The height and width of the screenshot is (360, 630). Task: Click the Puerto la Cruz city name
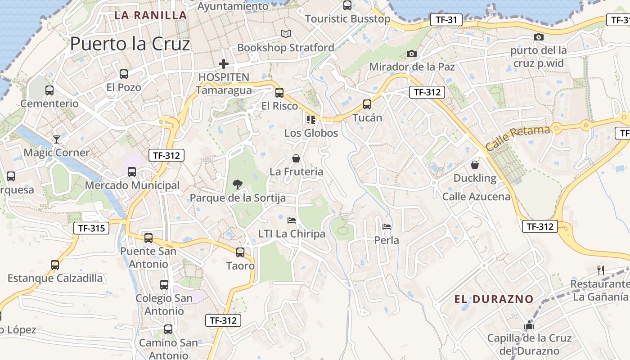point(130,44)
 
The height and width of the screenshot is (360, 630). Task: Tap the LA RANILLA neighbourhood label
point(150,15)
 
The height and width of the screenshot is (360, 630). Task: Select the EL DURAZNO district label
point(494,299)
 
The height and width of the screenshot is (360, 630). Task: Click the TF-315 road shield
point(91,228)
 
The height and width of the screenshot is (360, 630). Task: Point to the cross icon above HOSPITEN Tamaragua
point(224,64)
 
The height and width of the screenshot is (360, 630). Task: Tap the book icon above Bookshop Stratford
point(286,34)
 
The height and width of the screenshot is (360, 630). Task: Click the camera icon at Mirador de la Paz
point(411,54)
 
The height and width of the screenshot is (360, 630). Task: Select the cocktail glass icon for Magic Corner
point(57,139)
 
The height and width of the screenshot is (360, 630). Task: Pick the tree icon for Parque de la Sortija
point(237,184)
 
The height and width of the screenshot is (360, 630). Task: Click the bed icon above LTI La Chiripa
point(292,220)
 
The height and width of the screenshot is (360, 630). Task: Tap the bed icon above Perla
point(387,226)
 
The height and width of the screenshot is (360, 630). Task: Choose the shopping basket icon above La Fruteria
point(296,158)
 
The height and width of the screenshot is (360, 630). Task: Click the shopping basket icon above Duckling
point(475,165)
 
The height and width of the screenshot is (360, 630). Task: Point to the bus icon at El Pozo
point(124,74)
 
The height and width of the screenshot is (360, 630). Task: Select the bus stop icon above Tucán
point(367,104)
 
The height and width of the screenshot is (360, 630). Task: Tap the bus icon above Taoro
point(240,252)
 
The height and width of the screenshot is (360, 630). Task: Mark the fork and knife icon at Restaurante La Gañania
point(601,270)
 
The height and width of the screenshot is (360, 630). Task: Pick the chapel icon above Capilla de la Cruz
point(529,325)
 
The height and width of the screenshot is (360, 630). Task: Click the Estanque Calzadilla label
point(55,278)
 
